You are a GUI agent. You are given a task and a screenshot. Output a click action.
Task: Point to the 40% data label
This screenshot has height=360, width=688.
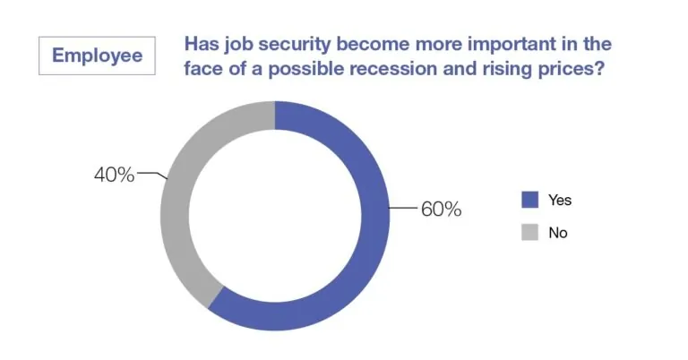pos(114,175)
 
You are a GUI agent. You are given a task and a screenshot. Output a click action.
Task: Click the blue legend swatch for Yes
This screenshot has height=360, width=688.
pos(529,200)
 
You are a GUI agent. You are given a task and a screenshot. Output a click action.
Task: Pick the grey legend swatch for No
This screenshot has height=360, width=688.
pos(529,232)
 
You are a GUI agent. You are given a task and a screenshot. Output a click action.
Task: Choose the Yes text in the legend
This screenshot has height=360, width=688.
pos(560,200)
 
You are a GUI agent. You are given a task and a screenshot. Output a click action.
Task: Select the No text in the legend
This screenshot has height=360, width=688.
pos(558,232)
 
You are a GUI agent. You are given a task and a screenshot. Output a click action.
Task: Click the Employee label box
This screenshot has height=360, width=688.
pos(97,56)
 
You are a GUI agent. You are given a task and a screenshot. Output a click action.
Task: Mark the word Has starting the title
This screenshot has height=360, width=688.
pos(200,44)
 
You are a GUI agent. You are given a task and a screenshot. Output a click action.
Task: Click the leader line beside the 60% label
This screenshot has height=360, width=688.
pos(405,210)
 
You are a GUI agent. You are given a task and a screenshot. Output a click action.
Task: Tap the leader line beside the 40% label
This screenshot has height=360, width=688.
pos(152,176)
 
